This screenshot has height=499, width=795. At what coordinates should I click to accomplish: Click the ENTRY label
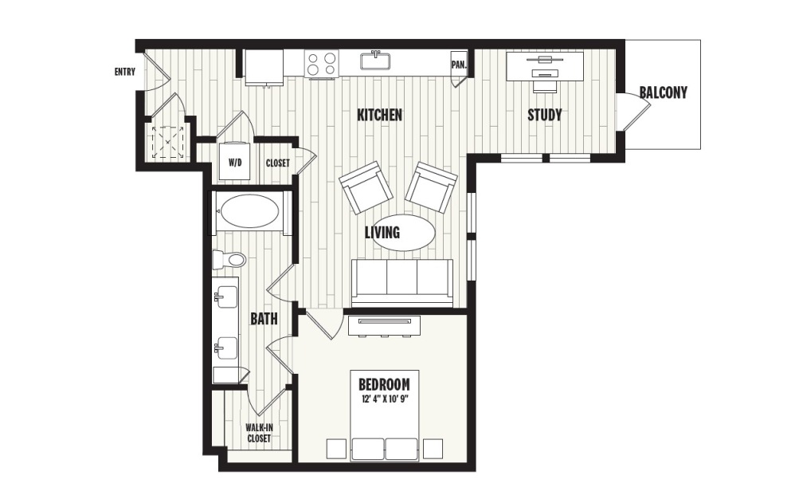125,73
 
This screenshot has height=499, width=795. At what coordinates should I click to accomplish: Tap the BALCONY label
663,92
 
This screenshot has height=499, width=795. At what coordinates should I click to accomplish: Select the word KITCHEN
379,116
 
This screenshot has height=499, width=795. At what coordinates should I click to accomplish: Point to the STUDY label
545,116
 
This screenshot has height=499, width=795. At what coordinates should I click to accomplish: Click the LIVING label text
382,233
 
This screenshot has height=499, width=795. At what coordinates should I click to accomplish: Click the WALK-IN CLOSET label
257,433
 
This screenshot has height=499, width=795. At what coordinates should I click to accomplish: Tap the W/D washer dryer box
236,162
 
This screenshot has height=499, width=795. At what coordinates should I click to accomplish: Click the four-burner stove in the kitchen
322,64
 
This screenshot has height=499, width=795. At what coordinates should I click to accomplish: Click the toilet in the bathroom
229,259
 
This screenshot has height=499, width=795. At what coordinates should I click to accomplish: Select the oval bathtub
249,212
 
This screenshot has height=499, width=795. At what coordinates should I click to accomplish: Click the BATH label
264,320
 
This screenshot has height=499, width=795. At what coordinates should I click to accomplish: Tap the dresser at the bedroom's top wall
382,324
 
